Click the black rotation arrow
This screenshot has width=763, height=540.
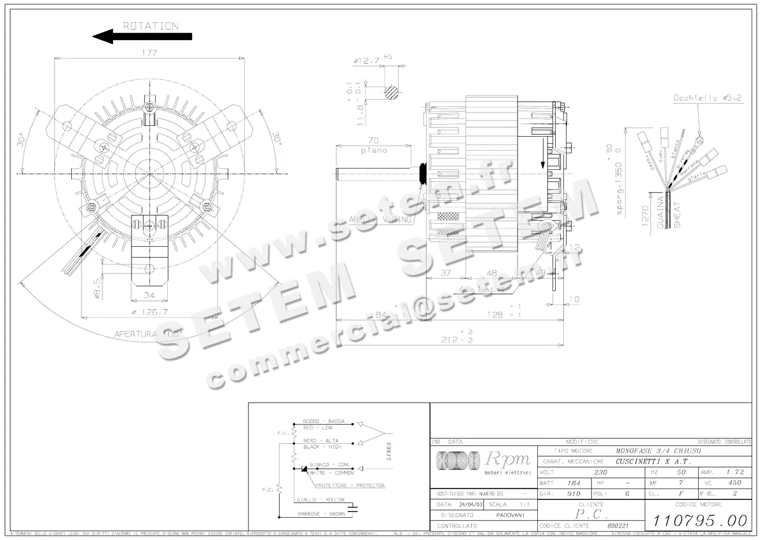(142, 37)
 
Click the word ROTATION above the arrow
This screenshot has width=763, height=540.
(151, 26)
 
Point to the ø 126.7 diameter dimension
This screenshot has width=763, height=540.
(149, 312)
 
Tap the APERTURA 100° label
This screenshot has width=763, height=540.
(148, 333)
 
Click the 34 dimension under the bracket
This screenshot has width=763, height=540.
(149, 294)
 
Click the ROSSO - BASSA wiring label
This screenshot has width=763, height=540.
(324, 421)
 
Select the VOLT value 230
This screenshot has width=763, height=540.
(601, 473)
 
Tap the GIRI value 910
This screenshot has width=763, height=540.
(574, 494)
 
